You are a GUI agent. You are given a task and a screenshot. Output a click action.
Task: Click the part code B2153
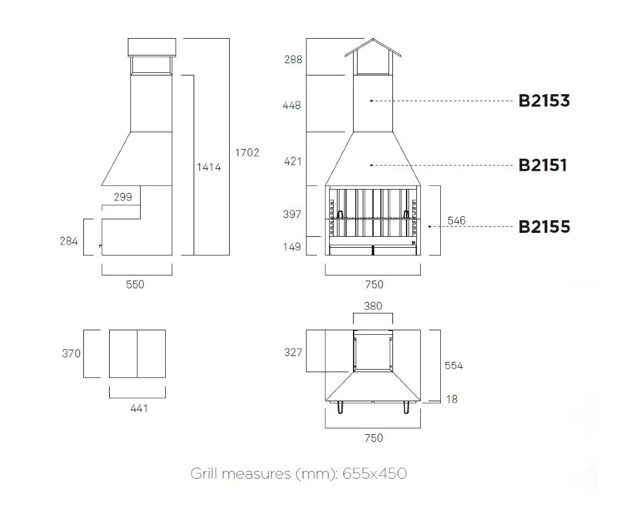click(x=544, y=101)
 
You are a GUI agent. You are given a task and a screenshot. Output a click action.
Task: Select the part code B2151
click(x=543, y=165)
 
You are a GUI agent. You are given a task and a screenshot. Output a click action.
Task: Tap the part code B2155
click(x=544, y=226)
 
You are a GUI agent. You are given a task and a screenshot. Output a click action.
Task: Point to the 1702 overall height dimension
click(x=247, y=152)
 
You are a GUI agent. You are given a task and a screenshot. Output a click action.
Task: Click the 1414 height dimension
click(x=208, y=166)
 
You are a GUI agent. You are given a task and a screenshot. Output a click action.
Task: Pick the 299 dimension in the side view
click(x=123, y=197)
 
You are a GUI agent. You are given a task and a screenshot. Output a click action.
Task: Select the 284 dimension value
click(x=68, y=241)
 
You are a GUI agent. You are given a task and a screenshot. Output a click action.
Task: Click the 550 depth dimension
click(x=135, y=284)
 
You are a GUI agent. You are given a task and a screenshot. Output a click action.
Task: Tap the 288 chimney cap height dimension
click(x=293, y=59)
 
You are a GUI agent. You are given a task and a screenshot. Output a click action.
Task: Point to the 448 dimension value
click(x=292, y=105)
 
